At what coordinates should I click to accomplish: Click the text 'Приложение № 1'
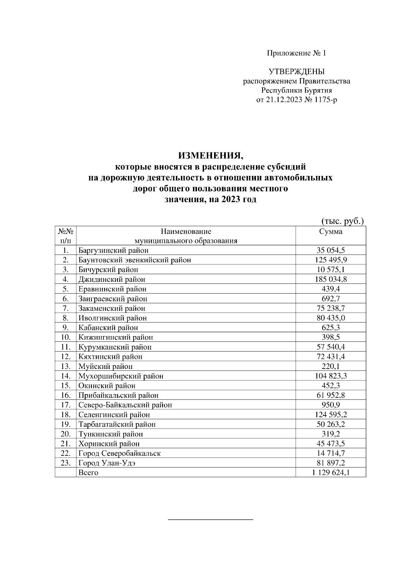[x=296, y=53]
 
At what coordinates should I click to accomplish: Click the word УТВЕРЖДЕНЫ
[x=296, y=71]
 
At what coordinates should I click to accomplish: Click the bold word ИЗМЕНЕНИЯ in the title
[x=210, y=155]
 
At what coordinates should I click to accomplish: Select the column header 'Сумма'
[x=331, y=232]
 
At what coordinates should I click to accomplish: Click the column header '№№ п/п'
[x=65, y=236]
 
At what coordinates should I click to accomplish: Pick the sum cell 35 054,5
[x=331, y=250]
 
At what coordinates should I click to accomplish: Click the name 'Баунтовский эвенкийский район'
[x=135, y=260]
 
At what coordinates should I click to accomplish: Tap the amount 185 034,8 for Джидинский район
[x=331, y=279]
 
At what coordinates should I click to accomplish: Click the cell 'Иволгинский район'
[x=113, y=318]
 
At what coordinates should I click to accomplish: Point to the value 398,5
[x=331, y=337]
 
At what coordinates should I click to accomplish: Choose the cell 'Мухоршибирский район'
[x=121, y=376]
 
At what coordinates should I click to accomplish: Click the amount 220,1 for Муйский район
[x=331, y=366]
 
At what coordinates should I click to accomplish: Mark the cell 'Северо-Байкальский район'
[x=125, y=405]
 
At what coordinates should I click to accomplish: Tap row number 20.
[x=65, y=434]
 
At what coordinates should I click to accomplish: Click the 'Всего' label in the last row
[x=88, y=473]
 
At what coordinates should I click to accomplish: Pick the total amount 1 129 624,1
[x=331, y=473]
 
